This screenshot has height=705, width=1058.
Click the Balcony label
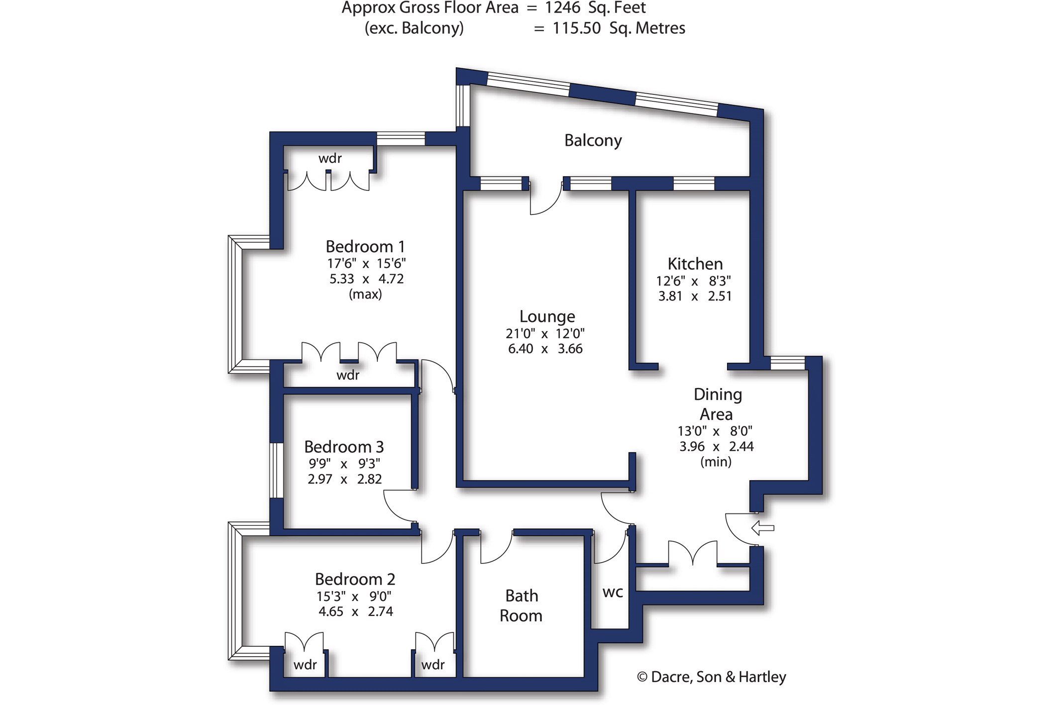[x=593, y=141]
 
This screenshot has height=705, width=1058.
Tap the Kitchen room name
[x=695, y=264]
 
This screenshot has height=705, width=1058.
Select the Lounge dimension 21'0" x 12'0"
[x=545, y=333]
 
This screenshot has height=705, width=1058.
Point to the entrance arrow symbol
[x=762, y=528]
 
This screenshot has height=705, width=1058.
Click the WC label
[x=613, y=593]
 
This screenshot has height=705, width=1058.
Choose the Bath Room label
[x=521, y=605]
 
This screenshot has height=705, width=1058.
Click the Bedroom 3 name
[x=344, y=447]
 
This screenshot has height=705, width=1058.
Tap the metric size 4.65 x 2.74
[x=356, y=611]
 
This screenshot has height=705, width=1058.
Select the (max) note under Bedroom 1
[x=365, y=294]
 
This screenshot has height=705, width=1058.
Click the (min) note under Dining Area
[x=716, y=462]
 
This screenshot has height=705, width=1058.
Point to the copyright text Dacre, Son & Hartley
[x=712, y=677]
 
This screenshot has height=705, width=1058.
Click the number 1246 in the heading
[x=562, y=8]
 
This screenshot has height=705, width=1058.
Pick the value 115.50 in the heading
[x=576, y=28]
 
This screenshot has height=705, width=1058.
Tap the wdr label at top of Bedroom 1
[x=330, y=158]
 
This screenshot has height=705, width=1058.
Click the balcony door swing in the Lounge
[x=545, y=199]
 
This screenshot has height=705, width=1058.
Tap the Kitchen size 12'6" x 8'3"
[x=693, y=281]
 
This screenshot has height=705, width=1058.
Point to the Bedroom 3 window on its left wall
[x=276, y=470]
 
